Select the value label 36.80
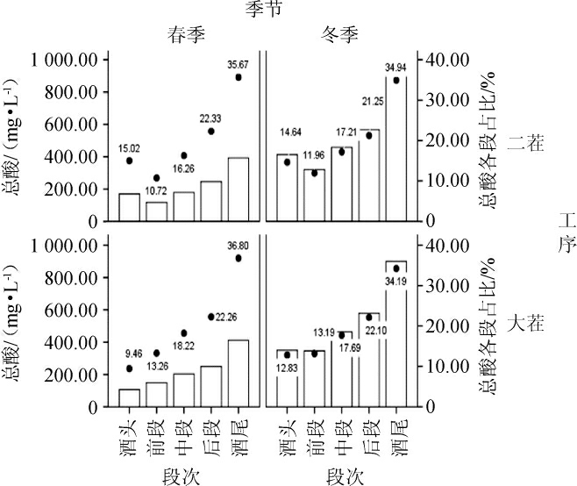point(238,247)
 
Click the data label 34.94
point(395,67)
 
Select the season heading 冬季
point(343,33)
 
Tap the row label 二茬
point(532,141)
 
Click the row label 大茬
point(532,324)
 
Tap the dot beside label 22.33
point(211,132)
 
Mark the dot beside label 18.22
point(183,333)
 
